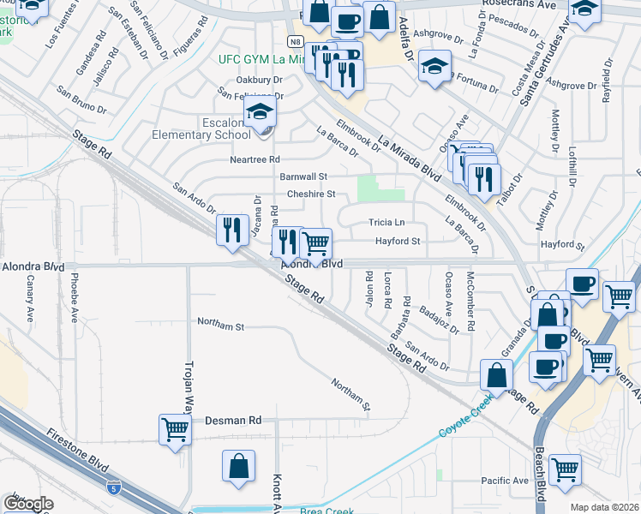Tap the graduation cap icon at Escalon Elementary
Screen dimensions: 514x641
click(261, 113)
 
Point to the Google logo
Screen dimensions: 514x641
click(28, 504)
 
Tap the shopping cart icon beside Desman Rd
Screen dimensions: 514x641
click(175, 428)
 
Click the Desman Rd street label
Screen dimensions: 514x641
click(233, 421)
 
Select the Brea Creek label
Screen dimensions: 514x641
click(320, 511)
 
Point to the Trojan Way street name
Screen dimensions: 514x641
click(189, 386)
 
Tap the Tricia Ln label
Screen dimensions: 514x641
click(386, 223)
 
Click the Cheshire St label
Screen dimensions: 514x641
click(311, 194)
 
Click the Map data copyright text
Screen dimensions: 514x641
click(603, 507)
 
